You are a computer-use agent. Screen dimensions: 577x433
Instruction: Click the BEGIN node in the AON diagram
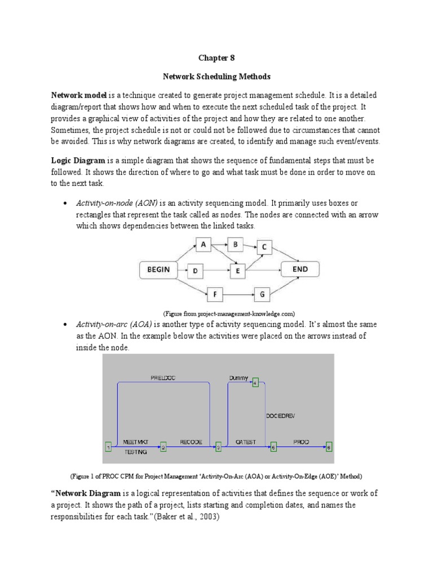tap(158, 270)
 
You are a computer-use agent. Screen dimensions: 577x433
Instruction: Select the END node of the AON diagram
tap(300, 269)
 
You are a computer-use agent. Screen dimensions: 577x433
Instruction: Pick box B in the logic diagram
tap(235, 244)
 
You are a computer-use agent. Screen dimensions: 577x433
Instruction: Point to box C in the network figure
tap(265, 247)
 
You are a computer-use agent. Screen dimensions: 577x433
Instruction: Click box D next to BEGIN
tap(195, 271)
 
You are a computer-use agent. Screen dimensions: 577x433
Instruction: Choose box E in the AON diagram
tap(238, 271)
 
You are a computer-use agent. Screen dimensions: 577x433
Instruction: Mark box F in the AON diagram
tap(214, 294)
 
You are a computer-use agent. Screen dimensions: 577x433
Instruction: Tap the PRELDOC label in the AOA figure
tap(164, 377)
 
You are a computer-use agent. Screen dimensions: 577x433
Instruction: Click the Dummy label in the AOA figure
tap(238, 377)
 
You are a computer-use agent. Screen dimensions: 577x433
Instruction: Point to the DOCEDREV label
tap(280, 416)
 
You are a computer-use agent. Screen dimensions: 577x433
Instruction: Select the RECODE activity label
tap(191, 442)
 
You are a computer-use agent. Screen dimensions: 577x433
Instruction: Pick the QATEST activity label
tap(246, 442)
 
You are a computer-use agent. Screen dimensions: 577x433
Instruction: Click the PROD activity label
tap(301, 442)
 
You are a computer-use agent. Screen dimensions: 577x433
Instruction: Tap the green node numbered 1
tap(108, 447)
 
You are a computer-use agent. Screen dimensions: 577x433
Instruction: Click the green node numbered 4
tap(255, 383)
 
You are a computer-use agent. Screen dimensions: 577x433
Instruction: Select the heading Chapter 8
tap(216, 57)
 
